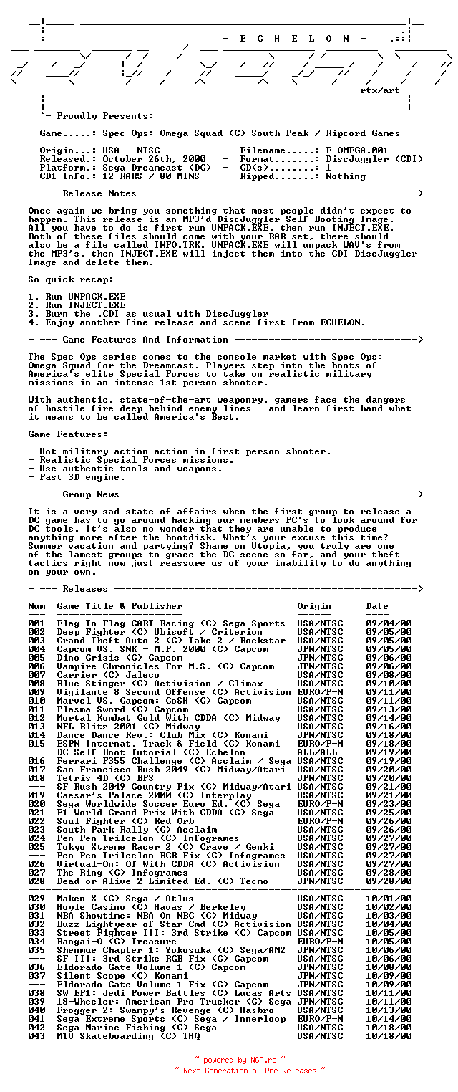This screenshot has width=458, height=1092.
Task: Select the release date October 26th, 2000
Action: point(154,159)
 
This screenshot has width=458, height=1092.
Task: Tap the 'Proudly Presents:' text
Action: point(104,116)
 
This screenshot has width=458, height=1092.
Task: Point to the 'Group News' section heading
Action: point(91,494)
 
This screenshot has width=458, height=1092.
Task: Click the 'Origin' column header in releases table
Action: point(314,606)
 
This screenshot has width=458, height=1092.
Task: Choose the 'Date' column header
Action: point(377,606)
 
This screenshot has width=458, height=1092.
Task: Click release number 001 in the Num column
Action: point(36,623)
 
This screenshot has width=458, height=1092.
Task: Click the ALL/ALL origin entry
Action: point(317,752)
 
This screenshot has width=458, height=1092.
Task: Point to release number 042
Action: point(36,1028)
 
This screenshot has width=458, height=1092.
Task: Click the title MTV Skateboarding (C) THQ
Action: point(128,1036)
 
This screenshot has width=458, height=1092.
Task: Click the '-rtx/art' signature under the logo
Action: point(377,90)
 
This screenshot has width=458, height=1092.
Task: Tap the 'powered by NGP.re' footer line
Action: point(240,1059)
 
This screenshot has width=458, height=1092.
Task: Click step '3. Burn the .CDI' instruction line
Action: point(148,314)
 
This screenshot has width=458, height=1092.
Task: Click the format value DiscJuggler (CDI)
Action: point(374,159)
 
